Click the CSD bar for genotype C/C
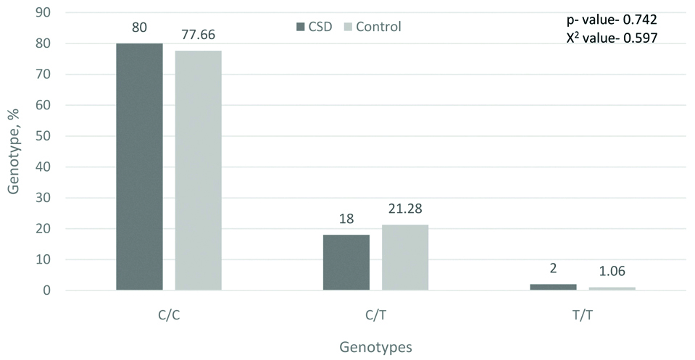coord(139,167)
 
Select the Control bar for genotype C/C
coord(198,170)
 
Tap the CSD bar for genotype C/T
coord(346,262)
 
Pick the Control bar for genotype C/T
coord(404,257)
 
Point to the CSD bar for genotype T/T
coord(553,287)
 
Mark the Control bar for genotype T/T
coord(612,288)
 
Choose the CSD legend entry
coord(314,27)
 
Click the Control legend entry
coord(369,27)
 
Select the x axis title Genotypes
coord(375,346)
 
